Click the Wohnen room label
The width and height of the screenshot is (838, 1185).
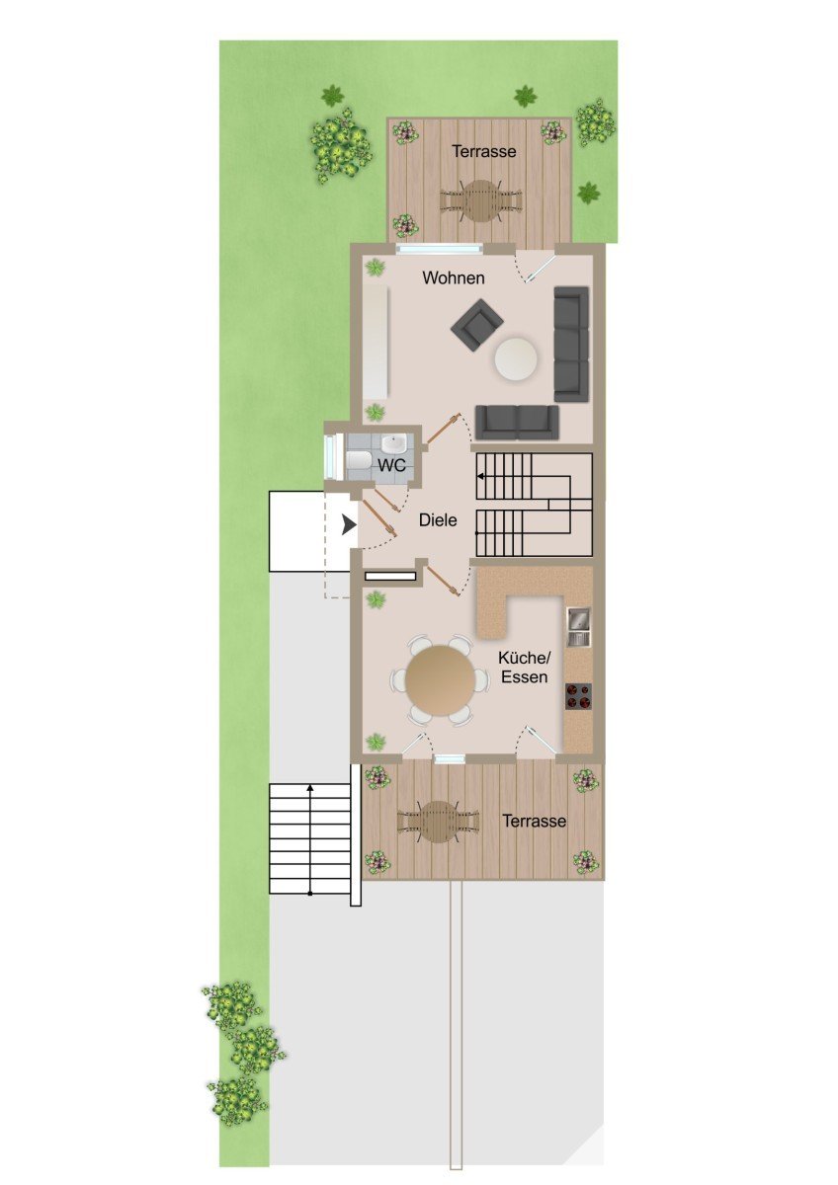(454, 277)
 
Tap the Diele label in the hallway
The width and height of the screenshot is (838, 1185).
(438, 520)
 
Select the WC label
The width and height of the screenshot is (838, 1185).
(391, 465)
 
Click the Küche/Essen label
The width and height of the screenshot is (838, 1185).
(525, 668)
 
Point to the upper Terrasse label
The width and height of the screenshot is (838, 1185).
(484, 151)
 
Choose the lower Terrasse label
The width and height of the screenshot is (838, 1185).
(535, 821)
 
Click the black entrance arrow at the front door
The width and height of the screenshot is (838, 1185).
(348, 525)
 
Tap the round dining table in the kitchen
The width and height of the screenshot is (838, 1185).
(441, 679)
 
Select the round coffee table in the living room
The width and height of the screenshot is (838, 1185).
(516, 359)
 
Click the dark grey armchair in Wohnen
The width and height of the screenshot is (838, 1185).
(477, 324)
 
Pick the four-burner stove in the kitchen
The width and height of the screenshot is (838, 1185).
(578, 696)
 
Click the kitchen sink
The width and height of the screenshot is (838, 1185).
(579, 627)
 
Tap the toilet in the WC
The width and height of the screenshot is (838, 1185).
(359, 460)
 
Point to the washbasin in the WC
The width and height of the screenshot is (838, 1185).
(394, 443)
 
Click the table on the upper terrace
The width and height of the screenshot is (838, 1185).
(480, 201)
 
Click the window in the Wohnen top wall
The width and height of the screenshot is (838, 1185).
(440, 249)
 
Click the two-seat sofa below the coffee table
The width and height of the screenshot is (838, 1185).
(517, 423)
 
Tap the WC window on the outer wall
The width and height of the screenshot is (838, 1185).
(332, 455)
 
